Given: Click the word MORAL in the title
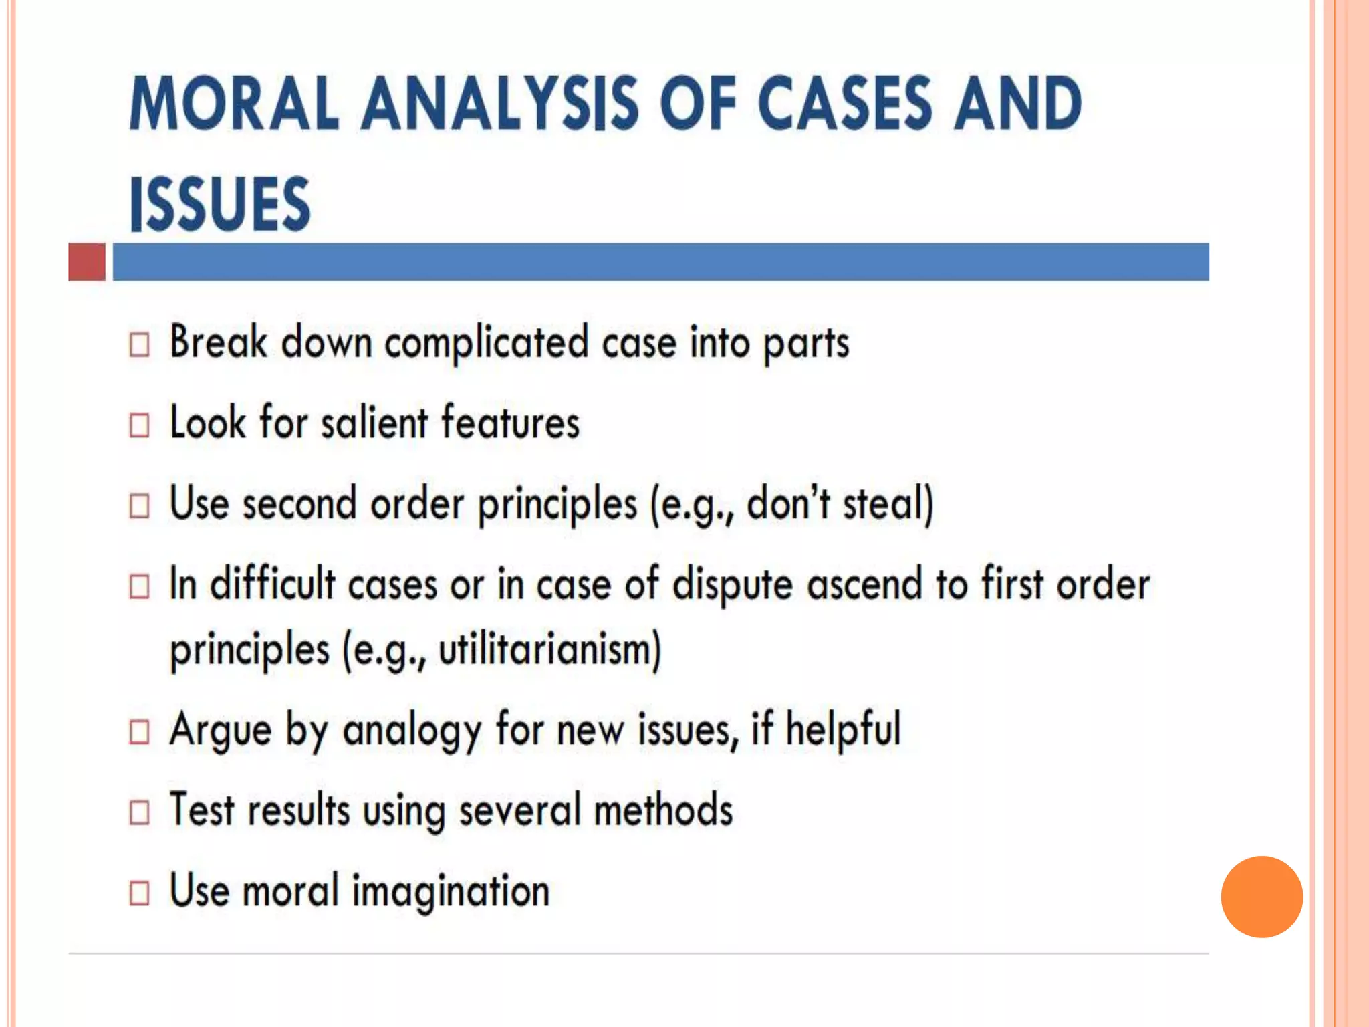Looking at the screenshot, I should pos(234,104).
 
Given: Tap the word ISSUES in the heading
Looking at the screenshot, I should pos(220,203).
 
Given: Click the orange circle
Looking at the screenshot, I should pos(1261,897).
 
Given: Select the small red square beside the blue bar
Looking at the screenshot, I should pos(87,262).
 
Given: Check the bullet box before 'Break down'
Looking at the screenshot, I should pos(139,345).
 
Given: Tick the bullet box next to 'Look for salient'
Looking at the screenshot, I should pos(139,425).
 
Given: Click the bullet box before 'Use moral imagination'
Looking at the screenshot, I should pos(139,893).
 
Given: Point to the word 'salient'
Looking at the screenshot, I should pos(374,423).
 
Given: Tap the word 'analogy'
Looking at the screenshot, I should pos(412,731).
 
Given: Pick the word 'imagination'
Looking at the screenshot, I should pos(451,892).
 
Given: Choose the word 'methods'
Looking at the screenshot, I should pos(663,811).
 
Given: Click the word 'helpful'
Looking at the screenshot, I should pos(843,729).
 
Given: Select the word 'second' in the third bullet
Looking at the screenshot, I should pos(299,503).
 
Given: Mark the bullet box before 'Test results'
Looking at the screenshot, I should pos(139,813).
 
